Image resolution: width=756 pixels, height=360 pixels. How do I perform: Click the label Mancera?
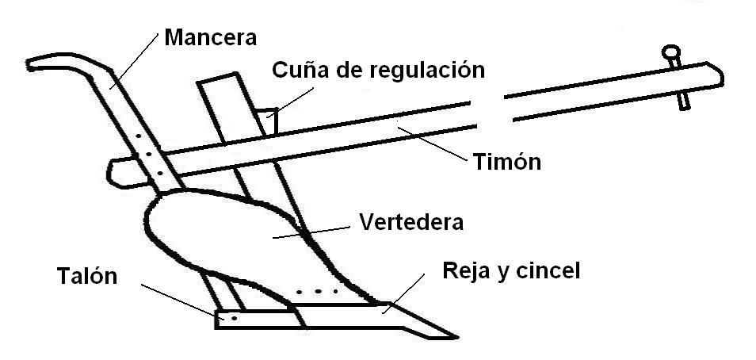click(x=211, y=36)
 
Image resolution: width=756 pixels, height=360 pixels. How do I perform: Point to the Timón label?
click(x=507, y=163)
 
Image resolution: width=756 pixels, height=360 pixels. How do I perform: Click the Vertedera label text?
click(x=410, y=221)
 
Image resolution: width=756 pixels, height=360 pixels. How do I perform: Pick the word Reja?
click(x=467, y=271)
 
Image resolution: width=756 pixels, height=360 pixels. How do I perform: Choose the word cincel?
click(x=546, y=271)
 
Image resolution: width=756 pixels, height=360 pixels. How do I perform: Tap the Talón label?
click(x=86, y=277)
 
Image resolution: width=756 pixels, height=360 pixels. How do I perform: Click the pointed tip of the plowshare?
click(x=447, y=333)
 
